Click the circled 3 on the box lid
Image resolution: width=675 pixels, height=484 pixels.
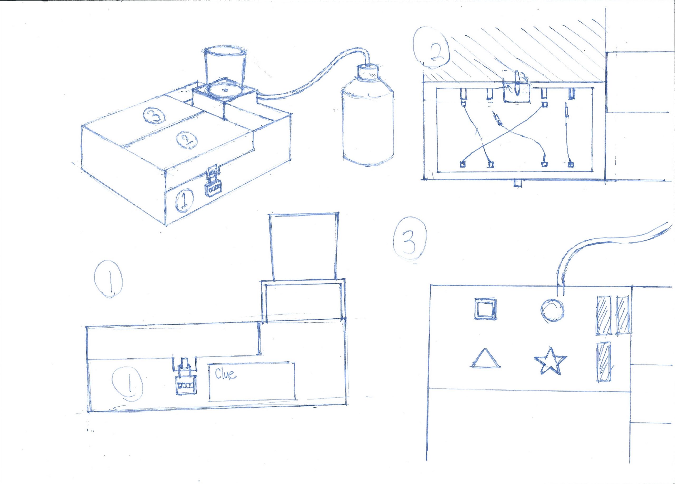[152, 116]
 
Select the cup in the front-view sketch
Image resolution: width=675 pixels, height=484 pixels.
[304, 246]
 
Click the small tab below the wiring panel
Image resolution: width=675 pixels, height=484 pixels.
[518, 184]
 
